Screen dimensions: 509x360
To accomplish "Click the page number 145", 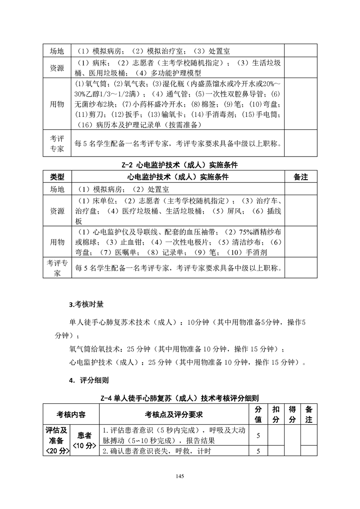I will click(x=180, y=476).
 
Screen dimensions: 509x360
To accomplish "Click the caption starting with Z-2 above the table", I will click(x=180, y=166).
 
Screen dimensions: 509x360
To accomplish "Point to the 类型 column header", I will click(x=57, y=177).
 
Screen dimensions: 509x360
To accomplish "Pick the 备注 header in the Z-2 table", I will click(x=301, y=177).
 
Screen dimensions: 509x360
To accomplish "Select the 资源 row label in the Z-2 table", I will click(x=57, y=211).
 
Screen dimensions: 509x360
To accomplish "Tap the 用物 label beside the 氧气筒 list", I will click(x=57, y=103).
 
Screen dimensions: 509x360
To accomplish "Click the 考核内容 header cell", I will click(x=71, y=414).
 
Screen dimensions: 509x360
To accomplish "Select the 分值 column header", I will click(x=258, y=414).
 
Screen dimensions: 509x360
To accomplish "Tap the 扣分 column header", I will click(x=276, y=414).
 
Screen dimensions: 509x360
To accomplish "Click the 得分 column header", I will click(x=293, y=414).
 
